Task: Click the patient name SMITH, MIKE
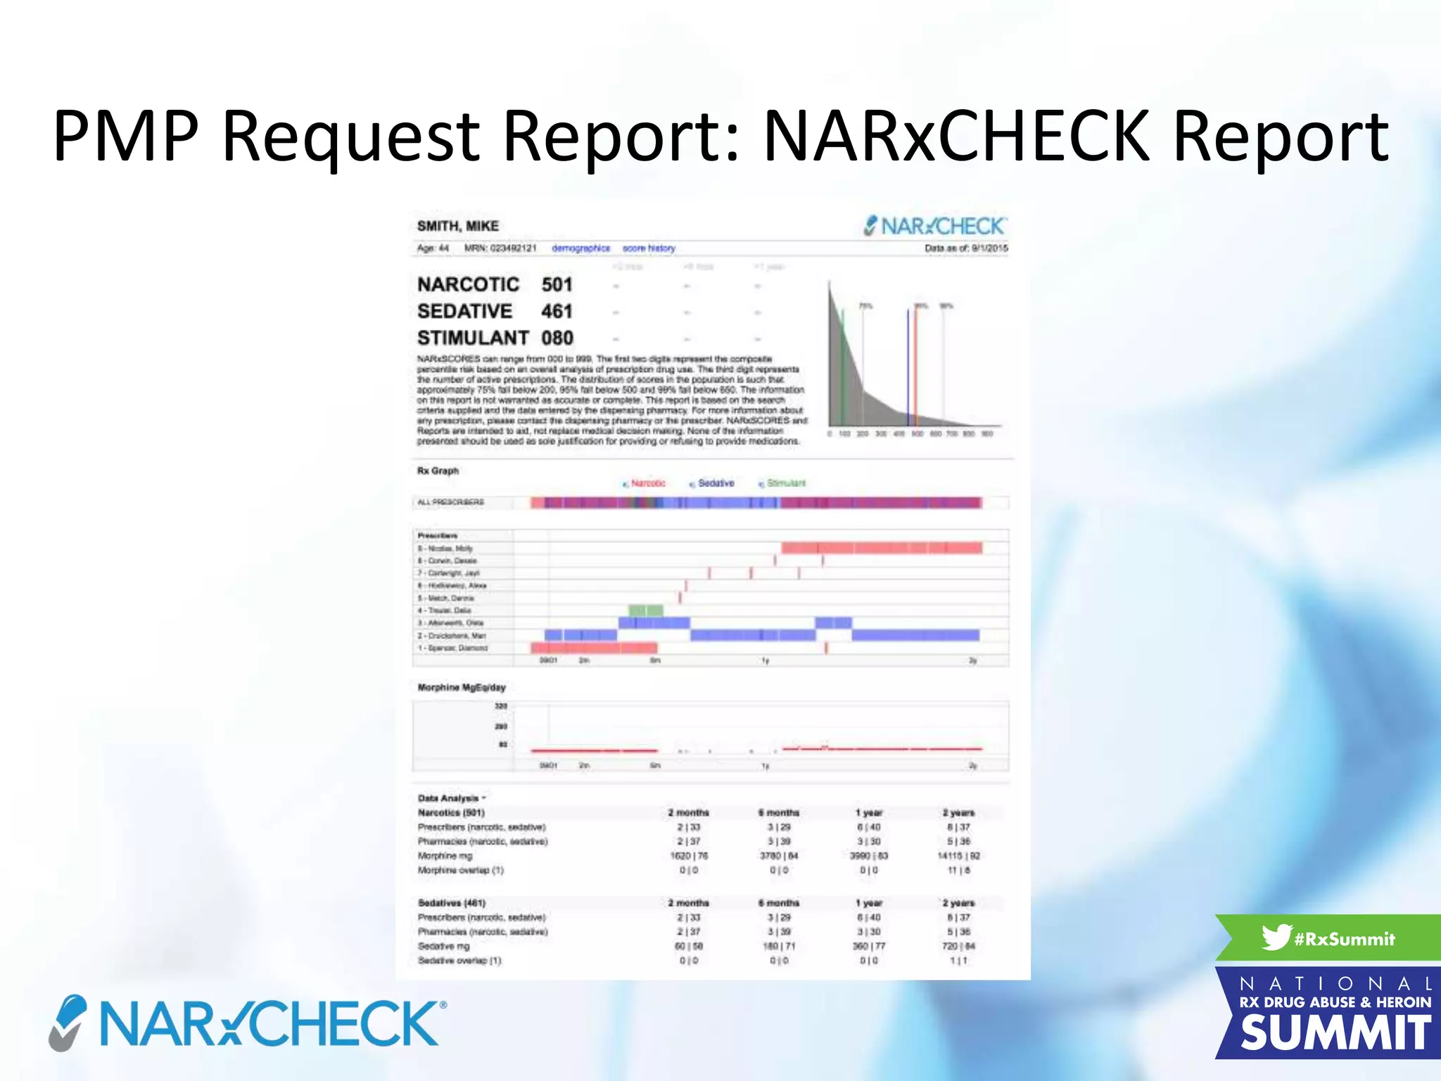[457, 226]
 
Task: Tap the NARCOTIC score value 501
[557, 284]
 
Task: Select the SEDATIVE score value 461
[557, 311]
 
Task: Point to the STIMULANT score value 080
[557, 338]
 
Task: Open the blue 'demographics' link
[580, 248]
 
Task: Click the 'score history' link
[648, 248]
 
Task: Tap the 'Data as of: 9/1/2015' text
[965, 248]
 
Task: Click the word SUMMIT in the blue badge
[1335, 1033]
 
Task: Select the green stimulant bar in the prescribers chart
[645, 610]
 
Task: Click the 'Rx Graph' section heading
[438, 471]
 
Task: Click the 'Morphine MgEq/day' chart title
[461, 688]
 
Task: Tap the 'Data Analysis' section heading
[448, 798]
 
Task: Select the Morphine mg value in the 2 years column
[958, 856]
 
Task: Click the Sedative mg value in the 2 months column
[688, 946]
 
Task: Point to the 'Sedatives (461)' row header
[451, 903]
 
